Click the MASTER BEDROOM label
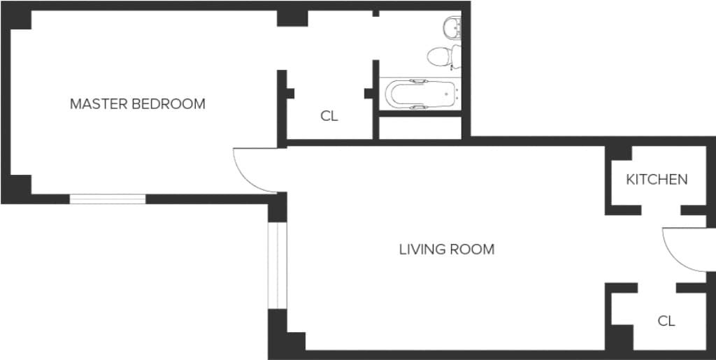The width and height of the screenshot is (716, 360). [x=138, y=104]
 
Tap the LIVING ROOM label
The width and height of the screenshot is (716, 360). [x=447, y=250]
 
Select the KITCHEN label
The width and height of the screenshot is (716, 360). [x=657, y=180]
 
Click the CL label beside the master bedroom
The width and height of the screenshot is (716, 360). [x=329, y=116]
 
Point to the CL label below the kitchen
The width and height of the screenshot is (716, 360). [x=666, y=322]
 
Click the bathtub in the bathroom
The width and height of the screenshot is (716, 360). [x=420, y=94]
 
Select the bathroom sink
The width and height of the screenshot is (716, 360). [x=452, y=27]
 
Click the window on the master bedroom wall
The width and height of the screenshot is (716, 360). [x=107, y=199]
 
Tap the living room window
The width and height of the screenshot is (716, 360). [x=277, y=266]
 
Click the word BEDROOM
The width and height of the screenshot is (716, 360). [x=168, y=104]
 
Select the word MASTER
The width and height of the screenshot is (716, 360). [x=99, y=104]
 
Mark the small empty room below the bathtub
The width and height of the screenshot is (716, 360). [x=420, y=128]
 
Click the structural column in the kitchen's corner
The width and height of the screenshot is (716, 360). [x=619, y=153]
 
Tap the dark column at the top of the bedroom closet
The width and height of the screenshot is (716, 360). [x=292, y=18]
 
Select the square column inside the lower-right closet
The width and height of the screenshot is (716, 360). [x=622, y=338]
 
